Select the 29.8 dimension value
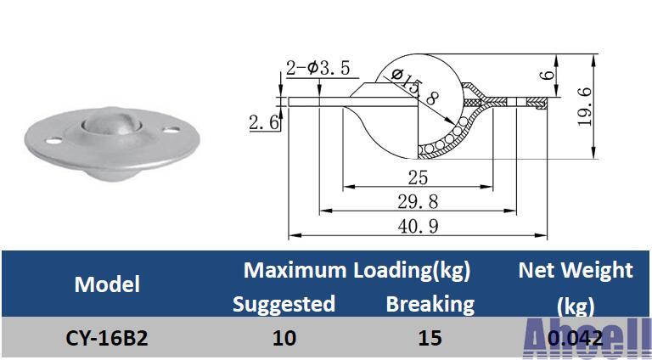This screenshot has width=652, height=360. click(418, 201)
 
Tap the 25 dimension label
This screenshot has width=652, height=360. click(418, 177)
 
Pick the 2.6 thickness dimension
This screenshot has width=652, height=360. click(264, 122)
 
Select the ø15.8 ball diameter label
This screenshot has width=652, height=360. click(415, 87)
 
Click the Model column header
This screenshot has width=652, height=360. click(107, 284)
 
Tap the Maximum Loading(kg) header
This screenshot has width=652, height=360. click(357, 271)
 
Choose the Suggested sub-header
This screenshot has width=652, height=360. click(284, 303)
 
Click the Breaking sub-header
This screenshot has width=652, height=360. click(430, 303)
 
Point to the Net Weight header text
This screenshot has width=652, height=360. click(576, 271)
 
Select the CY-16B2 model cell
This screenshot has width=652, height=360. click(107, 338)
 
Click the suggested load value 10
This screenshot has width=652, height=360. click(284, 338)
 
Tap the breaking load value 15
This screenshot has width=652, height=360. click(430, 338)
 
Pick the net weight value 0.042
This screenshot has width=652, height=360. click(576, 338)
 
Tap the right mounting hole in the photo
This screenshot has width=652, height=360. click(172, 132)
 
